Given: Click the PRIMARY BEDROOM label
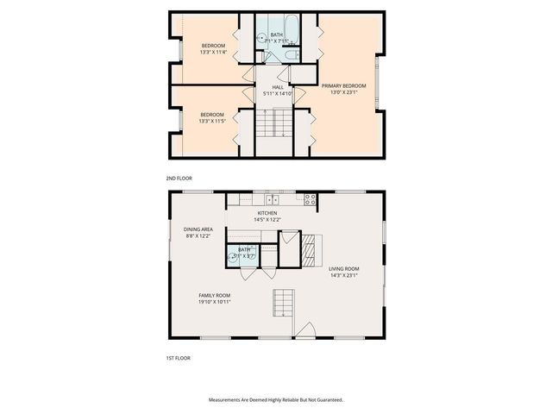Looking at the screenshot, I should (343, 85).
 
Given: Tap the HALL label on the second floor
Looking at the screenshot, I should (278, 87).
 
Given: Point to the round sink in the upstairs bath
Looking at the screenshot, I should (262, 37).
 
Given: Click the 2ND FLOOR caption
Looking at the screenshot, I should (179, 178).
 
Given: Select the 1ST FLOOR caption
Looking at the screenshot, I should (179, 357).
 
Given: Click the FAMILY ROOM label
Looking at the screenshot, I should (214, 295).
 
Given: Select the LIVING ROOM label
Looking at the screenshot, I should (343, 269).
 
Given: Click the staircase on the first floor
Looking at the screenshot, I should (283, 303).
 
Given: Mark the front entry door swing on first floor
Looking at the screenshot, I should (304, 329).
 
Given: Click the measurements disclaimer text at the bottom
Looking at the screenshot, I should (276, 400).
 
